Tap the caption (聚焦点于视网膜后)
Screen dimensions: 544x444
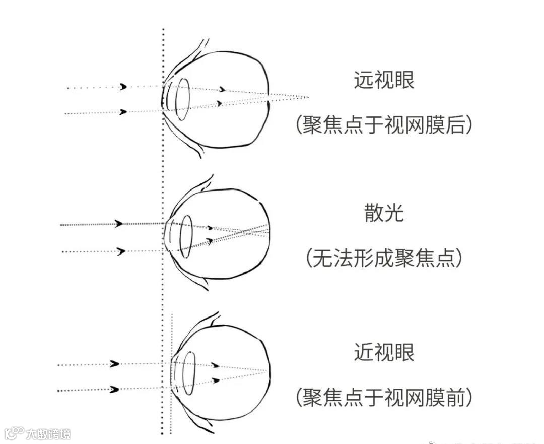click(384, 124)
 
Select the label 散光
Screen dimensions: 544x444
click(384, 214)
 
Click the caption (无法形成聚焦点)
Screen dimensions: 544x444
click(384, 259)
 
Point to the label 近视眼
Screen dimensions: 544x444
click(384, 352)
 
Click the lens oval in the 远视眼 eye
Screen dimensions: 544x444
click(182, 95)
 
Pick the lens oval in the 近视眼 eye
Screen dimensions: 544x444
click(189, 373)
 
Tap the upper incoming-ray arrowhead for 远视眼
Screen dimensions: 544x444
click(123, 87)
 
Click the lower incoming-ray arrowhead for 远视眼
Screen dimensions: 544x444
click(123, 112)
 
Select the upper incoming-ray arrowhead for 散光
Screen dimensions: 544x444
click(119, 224)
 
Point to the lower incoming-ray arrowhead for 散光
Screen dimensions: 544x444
click(120, 251)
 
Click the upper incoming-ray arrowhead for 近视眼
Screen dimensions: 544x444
click(115, 363)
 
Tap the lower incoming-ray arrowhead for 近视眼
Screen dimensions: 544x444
click(115, 389)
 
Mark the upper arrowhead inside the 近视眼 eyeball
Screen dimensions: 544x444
click(216, 365)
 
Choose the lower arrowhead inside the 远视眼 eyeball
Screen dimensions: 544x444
click(219, 103)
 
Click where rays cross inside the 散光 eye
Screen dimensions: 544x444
click(245, 232)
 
